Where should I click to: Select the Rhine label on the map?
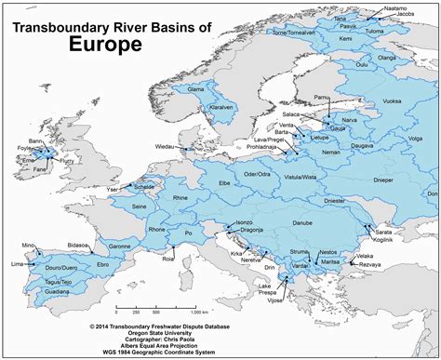(x=180, y=197)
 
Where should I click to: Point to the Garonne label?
(x=119, y=247)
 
